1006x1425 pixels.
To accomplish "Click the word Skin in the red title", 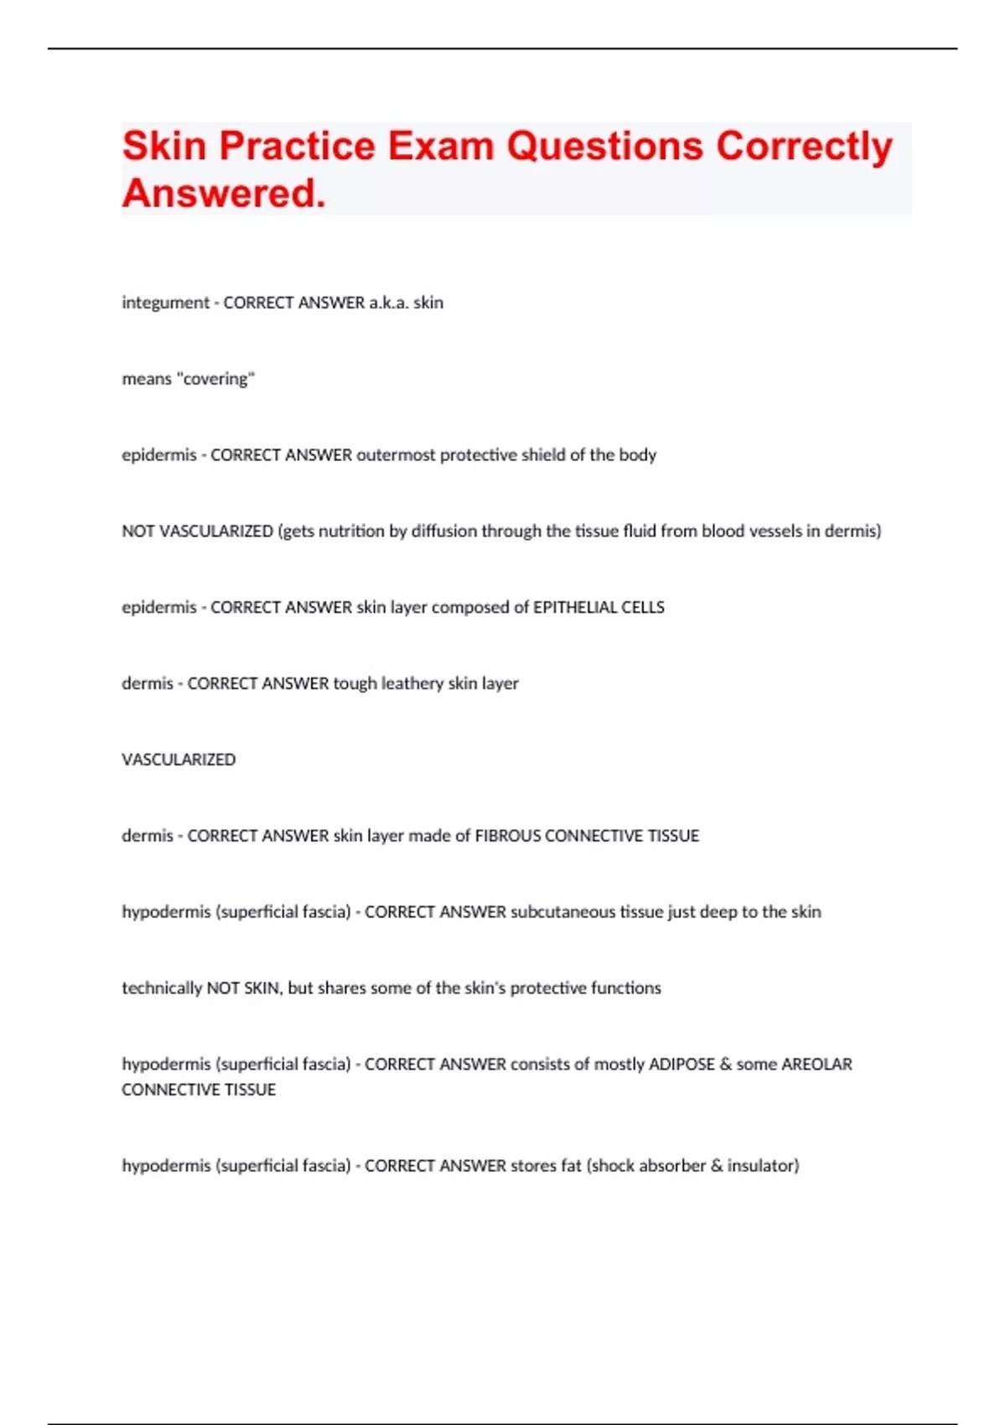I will pos(164,146).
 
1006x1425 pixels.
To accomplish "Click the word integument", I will pos(165,303).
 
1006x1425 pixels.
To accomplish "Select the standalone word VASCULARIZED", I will pos(179,759).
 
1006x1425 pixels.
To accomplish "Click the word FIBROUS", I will pos(508,836).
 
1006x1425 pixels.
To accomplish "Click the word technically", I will pos(162,988).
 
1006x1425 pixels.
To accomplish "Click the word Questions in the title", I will pos(604,146).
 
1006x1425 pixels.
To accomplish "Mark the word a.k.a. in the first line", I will pos(389,303).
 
